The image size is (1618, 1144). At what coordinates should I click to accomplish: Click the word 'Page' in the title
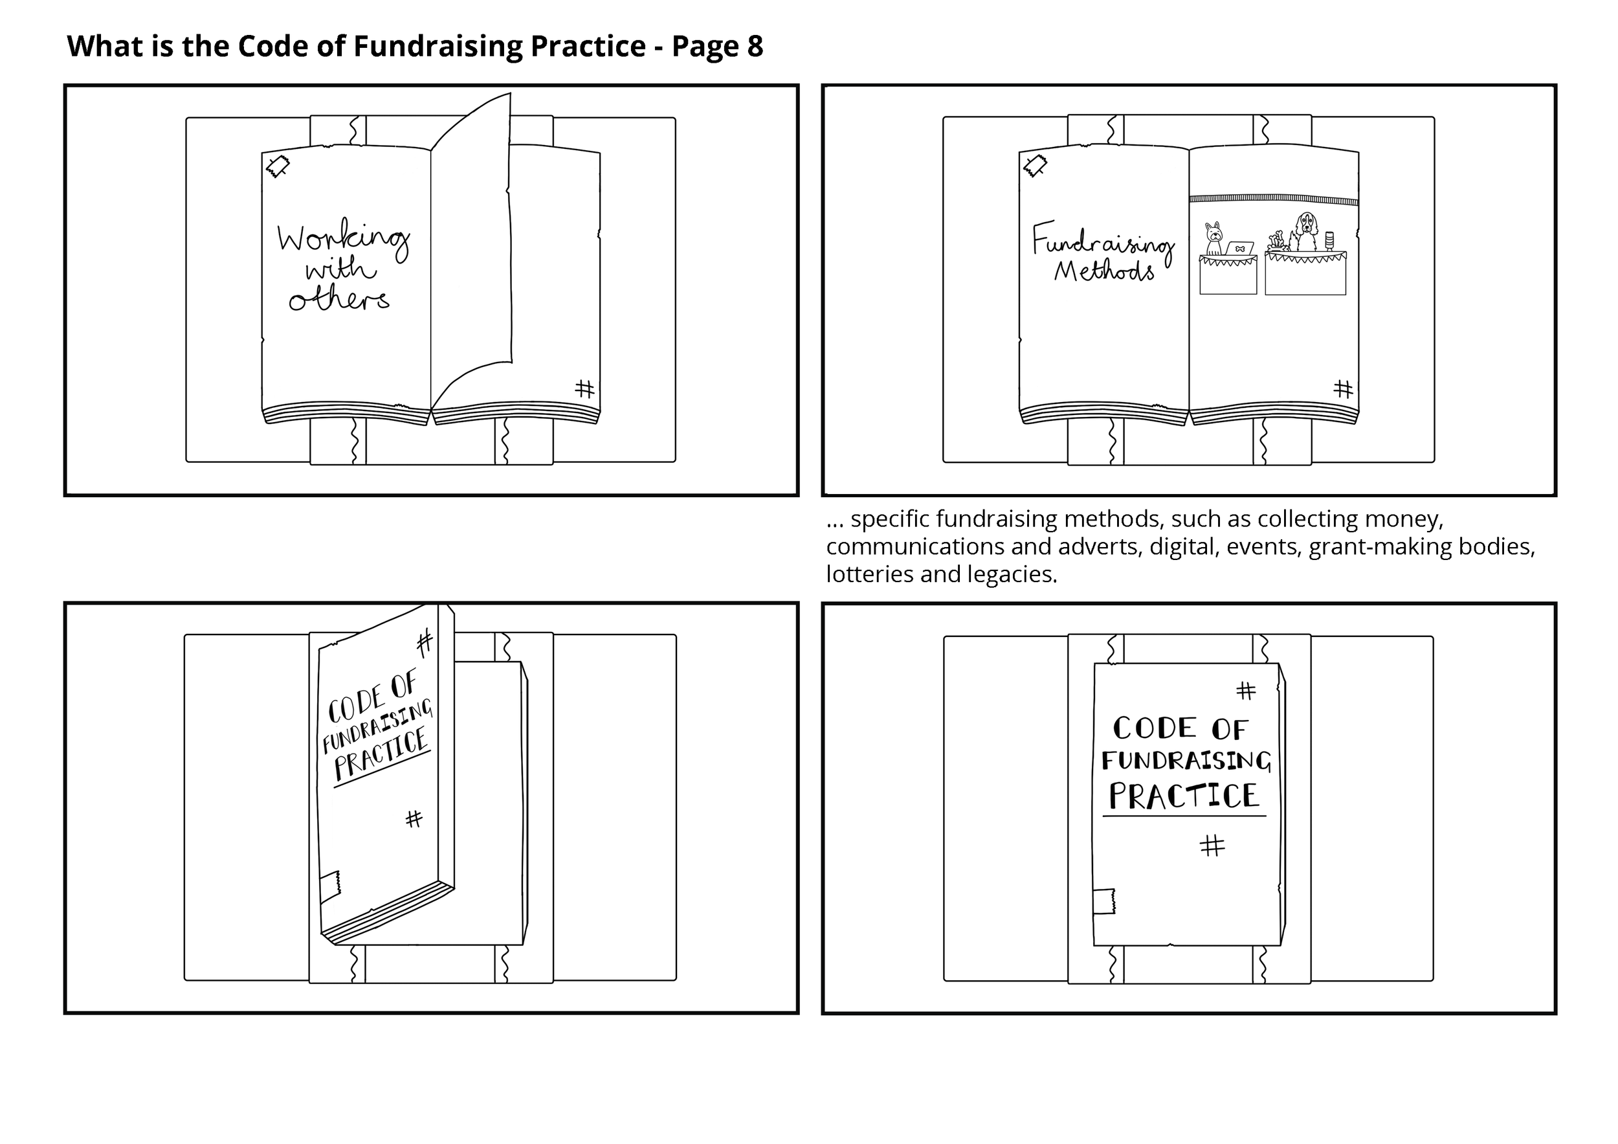[x=700, y=47]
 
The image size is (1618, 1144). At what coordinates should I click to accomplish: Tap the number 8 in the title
[x=755, y=47]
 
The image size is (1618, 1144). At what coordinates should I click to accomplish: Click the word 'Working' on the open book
[x=343, y=240]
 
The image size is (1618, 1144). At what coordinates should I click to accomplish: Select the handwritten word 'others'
[x=339, y=300]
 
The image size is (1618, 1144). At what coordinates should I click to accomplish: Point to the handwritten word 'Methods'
[x=1104, y=271]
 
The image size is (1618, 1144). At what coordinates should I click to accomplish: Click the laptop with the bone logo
[x=1239, y=249]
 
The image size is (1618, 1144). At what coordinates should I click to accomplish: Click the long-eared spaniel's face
[x=1307, y=225]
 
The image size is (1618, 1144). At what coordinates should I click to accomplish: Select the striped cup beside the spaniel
[x=1330, y=241]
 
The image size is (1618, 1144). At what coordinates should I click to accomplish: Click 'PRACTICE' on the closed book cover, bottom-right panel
[x=1184, y=796]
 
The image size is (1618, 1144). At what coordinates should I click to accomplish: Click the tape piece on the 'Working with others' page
[x=278, y=166]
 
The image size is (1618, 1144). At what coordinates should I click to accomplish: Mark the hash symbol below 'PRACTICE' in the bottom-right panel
[x=1212, y=845]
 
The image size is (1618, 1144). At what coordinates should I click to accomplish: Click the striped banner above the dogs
[x=1274, y=200]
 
